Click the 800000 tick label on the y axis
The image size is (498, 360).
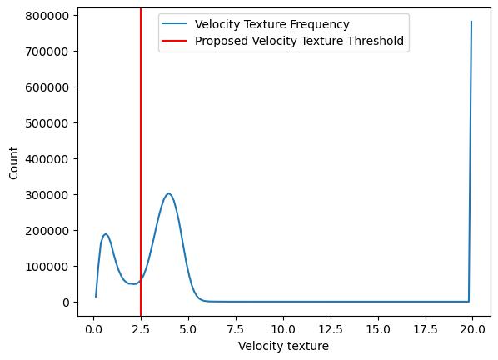[x=47, y=16]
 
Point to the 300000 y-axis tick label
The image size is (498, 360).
[x=47, y=195]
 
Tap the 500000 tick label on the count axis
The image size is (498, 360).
[x=47, y=123]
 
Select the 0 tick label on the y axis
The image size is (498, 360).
[x=66, y=302]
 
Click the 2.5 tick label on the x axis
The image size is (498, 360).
[x=141, y=329]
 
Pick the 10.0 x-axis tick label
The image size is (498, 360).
[x=283, y=329]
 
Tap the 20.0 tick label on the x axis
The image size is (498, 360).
[x=472, y=329]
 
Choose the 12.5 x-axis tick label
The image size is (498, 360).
[x=331, y=329]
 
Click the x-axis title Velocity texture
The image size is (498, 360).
[x=284, y=346]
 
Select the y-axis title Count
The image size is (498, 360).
[x=13, y=163]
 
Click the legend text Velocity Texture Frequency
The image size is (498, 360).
[x=272, y=24]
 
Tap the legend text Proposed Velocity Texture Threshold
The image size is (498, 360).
[x=299, y=41]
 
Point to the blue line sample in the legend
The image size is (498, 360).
[x=174, y=24]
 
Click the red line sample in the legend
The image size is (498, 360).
[x=174, y=41]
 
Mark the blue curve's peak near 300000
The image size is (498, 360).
[x=169, y=193]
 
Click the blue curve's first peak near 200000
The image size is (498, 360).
[x=106, y=233]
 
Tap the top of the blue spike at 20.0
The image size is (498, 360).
[x=471, y=22]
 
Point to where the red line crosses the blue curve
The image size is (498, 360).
[x=141, y=280]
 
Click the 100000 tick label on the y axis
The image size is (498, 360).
[x=47, y=267]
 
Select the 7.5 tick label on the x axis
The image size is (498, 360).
[x=236, y=329]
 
